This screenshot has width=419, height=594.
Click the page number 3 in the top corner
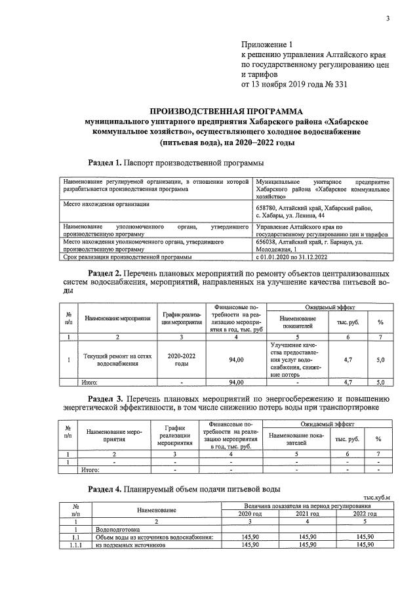click(x=387, y=18)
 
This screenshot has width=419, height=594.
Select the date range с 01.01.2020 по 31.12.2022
click(x=299, y=257)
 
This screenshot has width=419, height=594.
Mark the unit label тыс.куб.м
click(x=376, y=498)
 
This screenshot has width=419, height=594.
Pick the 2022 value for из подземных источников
click(x=365, y=544)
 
